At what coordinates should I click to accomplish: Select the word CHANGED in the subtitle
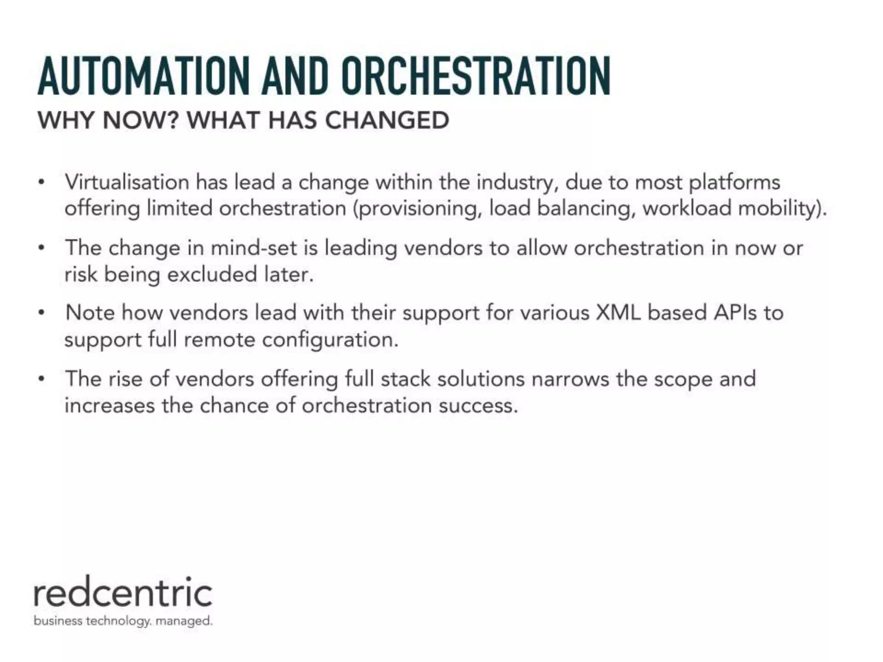[387, 120]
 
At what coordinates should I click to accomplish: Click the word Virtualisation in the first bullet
[127, 182]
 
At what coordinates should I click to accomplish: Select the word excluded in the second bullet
[213, 275]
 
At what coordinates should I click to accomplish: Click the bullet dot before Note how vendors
[41, 313]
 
